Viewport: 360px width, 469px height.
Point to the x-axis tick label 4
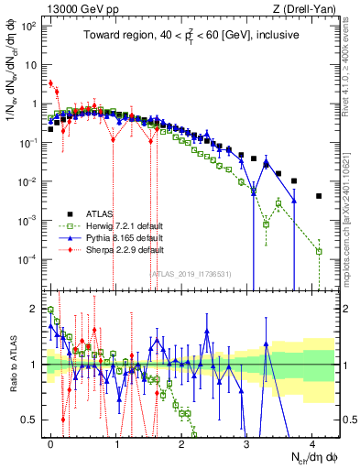[311, 442]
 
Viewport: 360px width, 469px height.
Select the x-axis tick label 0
[51, 442]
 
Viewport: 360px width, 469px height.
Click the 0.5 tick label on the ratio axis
[30, 420]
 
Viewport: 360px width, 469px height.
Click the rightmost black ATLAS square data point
[319, 196]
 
